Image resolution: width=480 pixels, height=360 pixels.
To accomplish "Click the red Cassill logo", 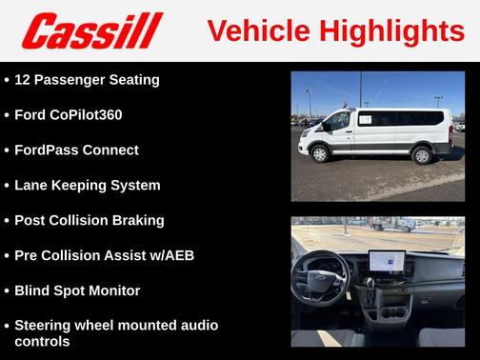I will (92, 30).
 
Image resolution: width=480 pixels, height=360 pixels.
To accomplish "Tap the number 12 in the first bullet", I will (24, 80).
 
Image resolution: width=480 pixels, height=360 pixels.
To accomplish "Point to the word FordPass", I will (47, 150).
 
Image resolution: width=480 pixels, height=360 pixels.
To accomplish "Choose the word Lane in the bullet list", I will (32, 186).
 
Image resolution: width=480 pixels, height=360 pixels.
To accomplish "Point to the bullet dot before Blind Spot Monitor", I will (7, 291).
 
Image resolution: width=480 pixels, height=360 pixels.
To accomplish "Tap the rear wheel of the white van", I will (421, 155).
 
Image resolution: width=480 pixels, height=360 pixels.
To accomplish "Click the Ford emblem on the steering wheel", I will (317, 283).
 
